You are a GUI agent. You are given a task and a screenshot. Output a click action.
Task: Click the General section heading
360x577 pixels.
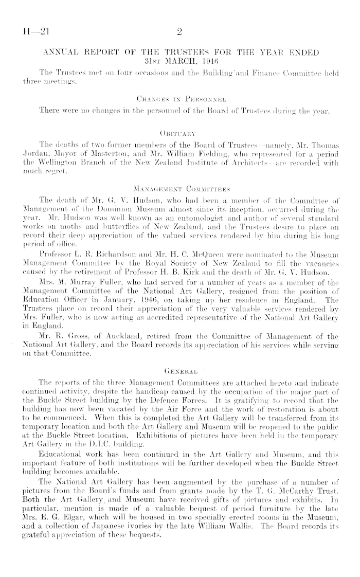click(179, 311)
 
